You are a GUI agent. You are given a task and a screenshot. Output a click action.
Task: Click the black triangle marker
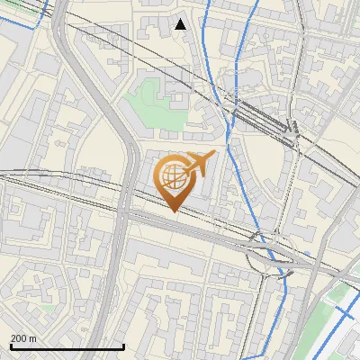tap(181, 24)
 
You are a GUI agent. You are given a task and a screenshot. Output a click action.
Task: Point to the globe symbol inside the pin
tap(173, 175)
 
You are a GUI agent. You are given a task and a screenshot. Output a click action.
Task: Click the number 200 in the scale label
tap(19, 338)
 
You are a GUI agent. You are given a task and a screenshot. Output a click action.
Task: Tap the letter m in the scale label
tap(32, 338)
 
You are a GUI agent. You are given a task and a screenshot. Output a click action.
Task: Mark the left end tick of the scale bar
tap(10, 346)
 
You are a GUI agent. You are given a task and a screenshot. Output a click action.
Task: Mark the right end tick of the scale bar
tap(123, 346)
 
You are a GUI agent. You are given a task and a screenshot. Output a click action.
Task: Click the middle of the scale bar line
tap(67, 347)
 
